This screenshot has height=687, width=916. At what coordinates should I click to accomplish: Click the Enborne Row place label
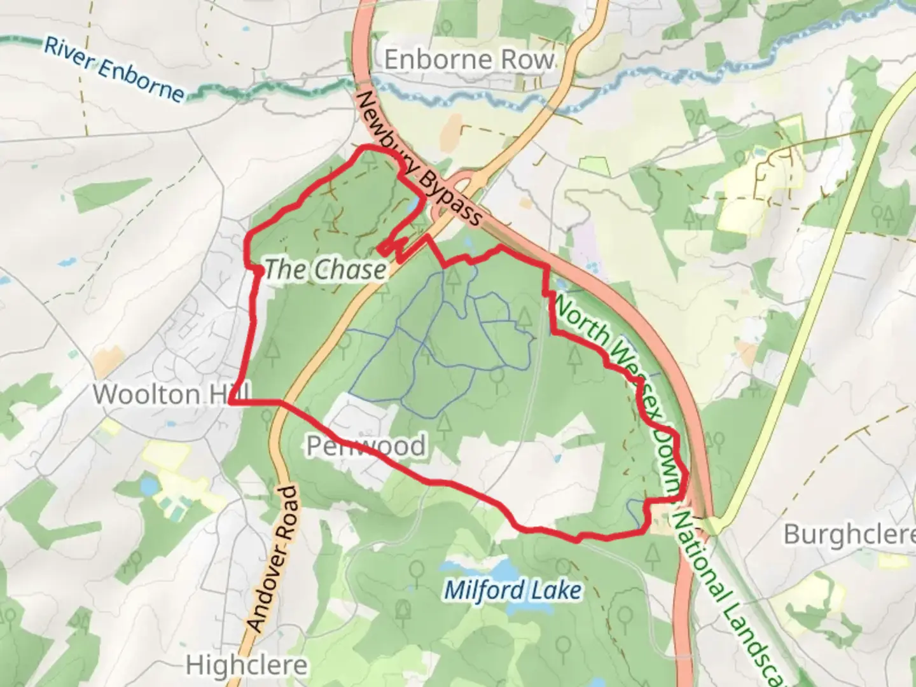(x=469, y=60)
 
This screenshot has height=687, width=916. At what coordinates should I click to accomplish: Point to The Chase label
(x=325, y=270)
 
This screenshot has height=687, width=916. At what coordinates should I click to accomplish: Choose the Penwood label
(x=366, y=446)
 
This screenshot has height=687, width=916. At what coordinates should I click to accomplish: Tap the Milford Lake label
(x=512, y=590)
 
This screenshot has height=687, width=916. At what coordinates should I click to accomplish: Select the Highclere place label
(x=247, y=666)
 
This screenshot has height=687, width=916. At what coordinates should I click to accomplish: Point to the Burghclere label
(x=849, y=534)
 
